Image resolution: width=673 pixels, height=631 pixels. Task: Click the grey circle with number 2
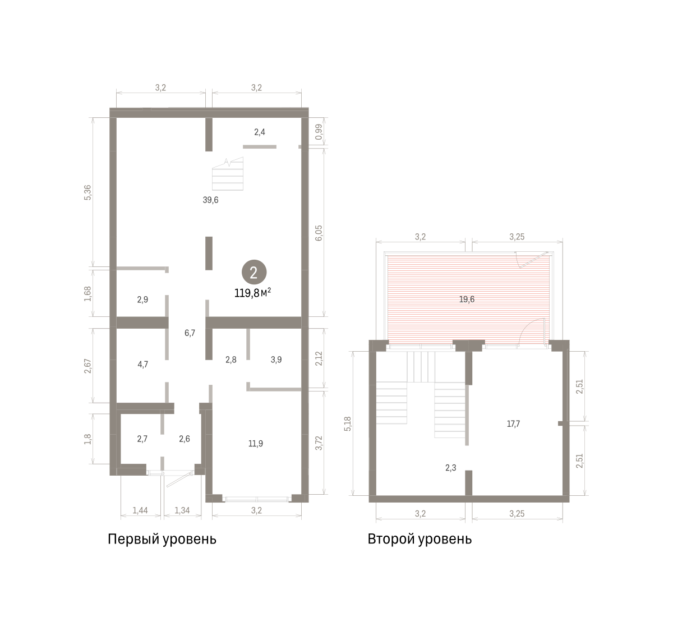point(254,272)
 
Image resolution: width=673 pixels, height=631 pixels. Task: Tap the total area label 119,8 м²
point(253,293)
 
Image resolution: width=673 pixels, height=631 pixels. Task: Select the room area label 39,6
point(210,200)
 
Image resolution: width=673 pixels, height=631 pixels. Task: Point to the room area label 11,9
point(256,444)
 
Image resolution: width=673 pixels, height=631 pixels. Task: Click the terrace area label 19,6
point(467,299)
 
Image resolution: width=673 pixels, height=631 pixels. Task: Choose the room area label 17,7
point(513,423)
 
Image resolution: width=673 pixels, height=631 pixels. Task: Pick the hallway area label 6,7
point(190,333)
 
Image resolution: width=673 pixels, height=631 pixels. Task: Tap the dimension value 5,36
point(87,192)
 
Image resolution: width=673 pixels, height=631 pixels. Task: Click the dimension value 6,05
point(319,233)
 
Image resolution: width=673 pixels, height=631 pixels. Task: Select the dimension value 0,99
point(319,132)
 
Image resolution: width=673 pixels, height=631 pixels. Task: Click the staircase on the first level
point(227,174)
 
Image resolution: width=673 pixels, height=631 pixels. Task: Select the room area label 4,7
point(142,365)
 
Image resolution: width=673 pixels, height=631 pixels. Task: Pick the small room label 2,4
point(260,132)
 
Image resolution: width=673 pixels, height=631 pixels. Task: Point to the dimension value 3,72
point(319,443)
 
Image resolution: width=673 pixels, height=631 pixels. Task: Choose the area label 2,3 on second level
point(451,468)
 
